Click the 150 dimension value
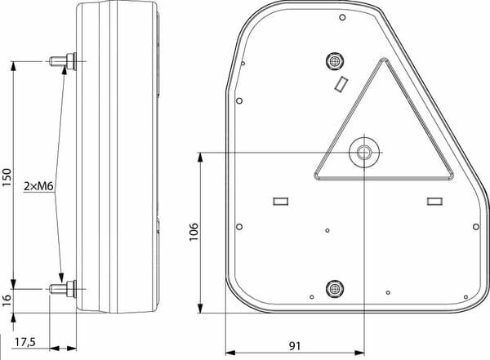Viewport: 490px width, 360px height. click(7, 177)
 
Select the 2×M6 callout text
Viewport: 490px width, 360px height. click(38, 187)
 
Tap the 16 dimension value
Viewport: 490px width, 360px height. click(7, 300)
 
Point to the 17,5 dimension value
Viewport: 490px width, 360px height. click(25, 342)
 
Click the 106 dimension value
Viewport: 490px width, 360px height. click(194, 232)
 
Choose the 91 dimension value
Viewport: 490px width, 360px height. click(294, 346)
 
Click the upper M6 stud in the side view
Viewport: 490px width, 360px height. click(63, 61)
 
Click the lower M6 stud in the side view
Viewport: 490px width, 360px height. click(63, 289)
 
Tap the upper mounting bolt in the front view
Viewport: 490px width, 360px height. click(335, 60)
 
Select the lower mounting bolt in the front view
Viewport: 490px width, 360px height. click(335, 288)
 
